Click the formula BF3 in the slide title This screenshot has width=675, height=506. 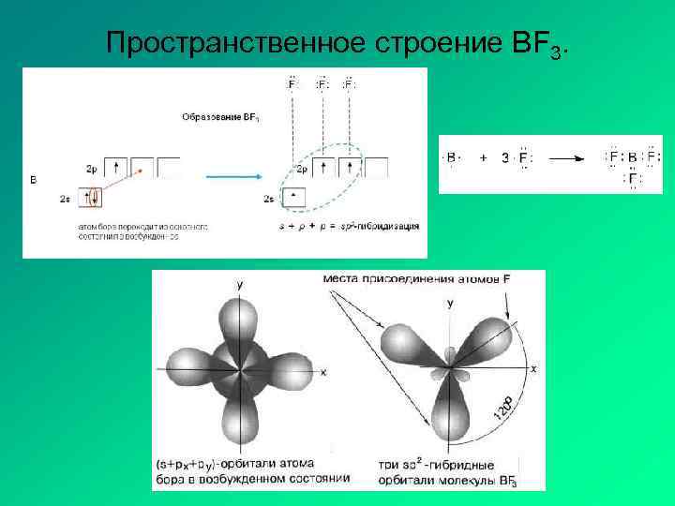(x=546, y=44)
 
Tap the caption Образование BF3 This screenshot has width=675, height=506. (x=221, y=117)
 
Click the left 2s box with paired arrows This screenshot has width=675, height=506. (x=91, y=199)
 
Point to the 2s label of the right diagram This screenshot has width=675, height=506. (x=269, y=199)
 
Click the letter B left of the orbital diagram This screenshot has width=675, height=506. (x=34, y=179)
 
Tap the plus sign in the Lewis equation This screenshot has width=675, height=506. (x=484, y=158)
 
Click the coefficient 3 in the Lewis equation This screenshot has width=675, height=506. (x=505, y=158)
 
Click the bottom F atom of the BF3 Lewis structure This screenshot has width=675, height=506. (x=633, y=177)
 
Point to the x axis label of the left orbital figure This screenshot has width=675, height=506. (x=322, y=373)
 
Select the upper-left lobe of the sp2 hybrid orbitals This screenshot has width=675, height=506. (x=405, y=341)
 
